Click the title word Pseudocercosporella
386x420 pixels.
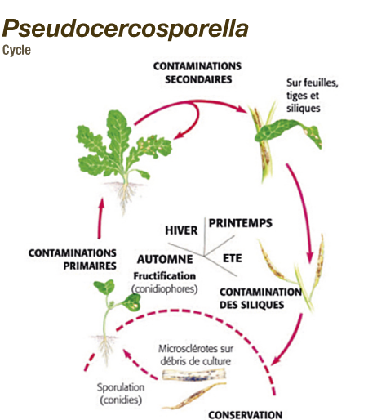[x=125, y=29]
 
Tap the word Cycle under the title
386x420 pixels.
[x=16, y=51]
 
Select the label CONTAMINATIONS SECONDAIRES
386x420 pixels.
[x=197, y=73]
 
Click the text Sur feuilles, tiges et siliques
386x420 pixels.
[x=313, y=96]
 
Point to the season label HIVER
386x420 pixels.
[x=181, y=230]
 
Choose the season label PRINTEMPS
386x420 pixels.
[x=240, y=223]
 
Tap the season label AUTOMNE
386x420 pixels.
[x=165, y=259]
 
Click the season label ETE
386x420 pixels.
[x=233, y=258]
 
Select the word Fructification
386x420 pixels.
[x=165, y=276]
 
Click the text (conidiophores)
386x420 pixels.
[x=165, y=288]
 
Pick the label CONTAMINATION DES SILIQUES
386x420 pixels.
[x=260, y=298]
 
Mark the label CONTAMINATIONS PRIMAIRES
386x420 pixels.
[x=73, y=259]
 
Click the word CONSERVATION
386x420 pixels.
[x=246, y=415]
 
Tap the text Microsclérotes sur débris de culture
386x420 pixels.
[x=196, y=355]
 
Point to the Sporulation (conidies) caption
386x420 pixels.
[x=121, y=394]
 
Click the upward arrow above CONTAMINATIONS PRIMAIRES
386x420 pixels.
[x=100, y=218]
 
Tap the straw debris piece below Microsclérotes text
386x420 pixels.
[x=194, y=374]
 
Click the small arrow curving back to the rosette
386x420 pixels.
[x=193, y=123]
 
